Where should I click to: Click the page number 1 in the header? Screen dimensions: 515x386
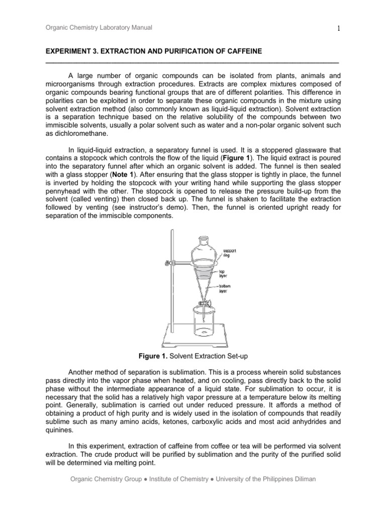point(340,29)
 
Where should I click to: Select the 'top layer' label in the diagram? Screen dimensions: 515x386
point(222,273)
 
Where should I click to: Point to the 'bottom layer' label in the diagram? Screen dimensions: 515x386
point(224,288)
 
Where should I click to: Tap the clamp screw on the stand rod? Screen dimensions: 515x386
point(164,263)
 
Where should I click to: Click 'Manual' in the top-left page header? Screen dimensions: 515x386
point(142,29)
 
